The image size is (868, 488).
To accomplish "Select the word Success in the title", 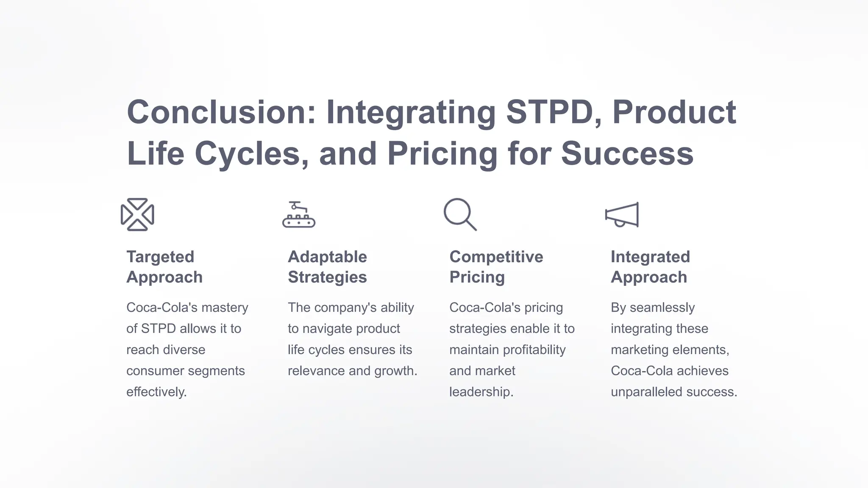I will point(627,153).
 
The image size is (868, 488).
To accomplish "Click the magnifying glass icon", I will point(460,214).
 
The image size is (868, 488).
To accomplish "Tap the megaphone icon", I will point(622,215).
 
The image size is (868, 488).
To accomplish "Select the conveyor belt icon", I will point(299,215).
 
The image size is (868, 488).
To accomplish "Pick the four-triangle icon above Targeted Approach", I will point(137,214).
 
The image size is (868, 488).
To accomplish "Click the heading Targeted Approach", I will point(164,267).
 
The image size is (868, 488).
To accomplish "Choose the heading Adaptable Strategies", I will point(327,267).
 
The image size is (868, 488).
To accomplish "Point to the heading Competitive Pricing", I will point(496,267).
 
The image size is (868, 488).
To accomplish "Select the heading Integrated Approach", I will point(650,267).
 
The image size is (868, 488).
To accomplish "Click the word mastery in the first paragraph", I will point(225,308).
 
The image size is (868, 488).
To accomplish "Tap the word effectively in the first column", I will point(156,392).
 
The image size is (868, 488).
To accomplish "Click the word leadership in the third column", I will point(481,392).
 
